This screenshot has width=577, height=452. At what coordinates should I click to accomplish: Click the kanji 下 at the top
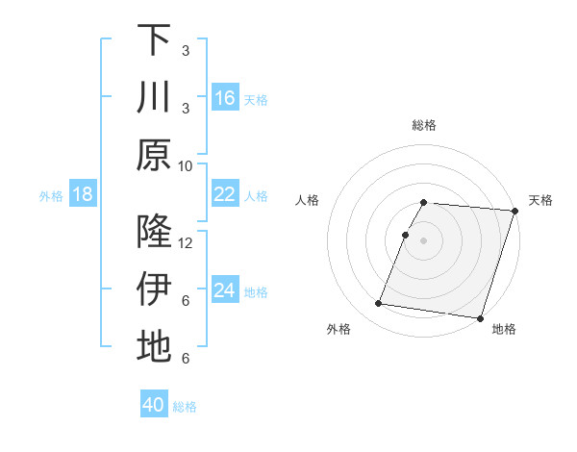pos(154,40)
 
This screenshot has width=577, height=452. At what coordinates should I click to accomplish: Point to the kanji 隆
pos(154,232)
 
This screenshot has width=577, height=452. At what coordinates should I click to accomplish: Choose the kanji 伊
pos(154,289)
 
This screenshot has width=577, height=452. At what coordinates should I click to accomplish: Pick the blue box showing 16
pos(224,98)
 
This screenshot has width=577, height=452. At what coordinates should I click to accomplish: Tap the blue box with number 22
pos(224,195)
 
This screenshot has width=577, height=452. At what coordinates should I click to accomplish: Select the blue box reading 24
pos(224,290)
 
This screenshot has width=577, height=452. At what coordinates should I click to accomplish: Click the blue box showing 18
pos(83,195)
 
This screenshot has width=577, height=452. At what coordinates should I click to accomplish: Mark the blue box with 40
pos(154,405)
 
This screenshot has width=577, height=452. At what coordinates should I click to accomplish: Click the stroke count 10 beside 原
pos(186,165)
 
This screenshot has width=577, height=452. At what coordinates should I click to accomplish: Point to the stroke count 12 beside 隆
pos(186,242)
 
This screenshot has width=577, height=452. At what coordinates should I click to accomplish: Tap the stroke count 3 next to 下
pos(185,49)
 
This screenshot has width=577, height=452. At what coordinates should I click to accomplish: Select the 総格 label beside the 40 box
pos(185,407)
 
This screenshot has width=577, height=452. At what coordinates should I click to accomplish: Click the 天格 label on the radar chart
pos(540,200)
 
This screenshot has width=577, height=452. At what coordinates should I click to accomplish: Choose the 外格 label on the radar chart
pos(338,330)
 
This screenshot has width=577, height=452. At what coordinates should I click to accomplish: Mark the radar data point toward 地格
pos(479,317)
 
